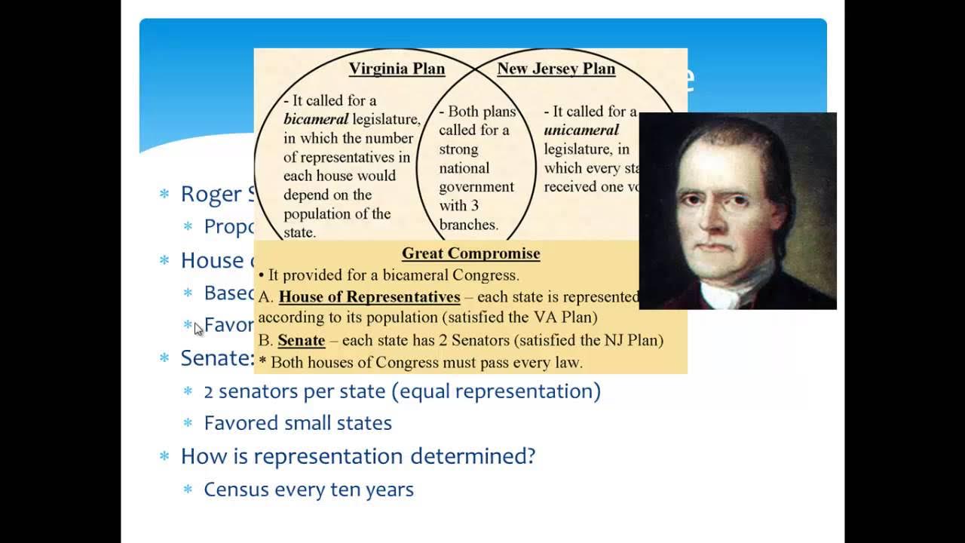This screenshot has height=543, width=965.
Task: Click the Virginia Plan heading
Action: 397,69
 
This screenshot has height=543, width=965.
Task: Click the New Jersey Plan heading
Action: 556,69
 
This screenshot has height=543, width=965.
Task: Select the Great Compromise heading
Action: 470,253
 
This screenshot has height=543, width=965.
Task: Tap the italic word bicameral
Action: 316,119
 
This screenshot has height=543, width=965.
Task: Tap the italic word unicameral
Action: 581,130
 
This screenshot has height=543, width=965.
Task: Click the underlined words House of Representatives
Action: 369,296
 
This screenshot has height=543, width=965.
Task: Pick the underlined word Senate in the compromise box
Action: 301,340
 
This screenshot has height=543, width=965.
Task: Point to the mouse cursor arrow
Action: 198,328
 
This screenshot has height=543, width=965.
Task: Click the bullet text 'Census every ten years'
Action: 308,489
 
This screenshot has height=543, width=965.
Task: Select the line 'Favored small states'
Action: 298,423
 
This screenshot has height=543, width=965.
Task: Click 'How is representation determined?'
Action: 357,456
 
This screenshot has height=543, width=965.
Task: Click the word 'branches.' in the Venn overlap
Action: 468,225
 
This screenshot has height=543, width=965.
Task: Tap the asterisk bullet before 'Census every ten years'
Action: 188,490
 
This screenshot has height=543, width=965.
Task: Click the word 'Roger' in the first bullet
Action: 209,194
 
